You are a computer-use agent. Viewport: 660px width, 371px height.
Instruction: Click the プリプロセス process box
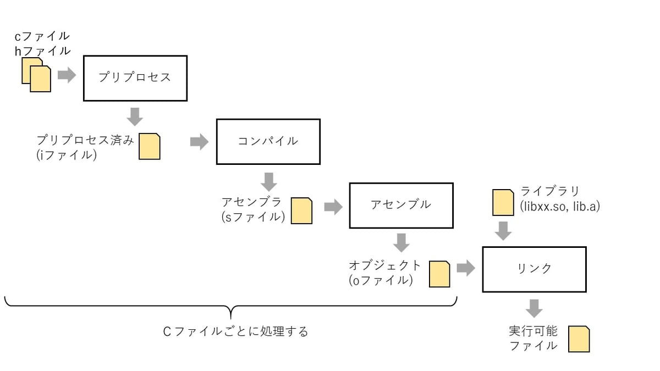135,77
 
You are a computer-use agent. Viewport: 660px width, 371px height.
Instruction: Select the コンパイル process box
268,141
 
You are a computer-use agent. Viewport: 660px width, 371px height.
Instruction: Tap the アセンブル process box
401,205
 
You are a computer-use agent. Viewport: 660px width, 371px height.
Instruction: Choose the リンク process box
534,269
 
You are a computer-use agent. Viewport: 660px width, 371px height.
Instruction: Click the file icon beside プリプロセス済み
149,146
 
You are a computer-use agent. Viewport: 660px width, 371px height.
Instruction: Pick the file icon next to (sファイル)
301,211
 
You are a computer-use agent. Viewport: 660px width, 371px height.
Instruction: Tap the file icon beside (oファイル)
439,274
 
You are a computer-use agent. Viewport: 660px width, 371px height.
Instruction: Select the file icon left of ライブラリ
503,202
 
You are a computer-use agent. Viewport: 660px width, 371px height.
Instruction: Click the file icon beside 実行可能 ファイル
579,339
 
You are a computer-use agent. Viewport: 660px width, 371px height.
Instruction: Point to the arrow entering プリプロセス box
67,75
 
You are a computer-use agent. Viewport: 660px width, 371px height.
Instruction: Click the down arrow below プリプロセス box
135,117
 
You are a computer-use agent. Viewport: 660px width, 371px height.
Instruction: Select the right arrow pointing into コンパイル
199,142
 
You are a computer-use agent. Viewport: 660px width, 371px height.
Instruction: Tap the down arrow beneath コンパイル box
268,181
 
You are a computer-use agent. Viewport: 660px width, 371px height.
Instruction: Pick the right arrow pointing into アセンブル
333,207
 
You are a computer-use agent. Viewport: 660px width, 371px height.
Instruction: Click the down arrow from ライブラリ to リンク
503,230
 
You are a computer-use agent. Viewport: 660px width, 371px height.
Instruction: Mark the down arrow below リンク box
533,308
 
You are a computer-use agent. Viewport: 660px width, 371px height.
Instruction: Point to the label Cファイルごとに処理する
236,332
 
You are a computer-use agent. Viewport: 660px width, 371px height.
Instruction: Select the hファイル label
42,51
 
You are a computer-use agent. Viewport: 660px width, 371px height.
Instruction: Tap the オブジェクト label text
385,265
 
